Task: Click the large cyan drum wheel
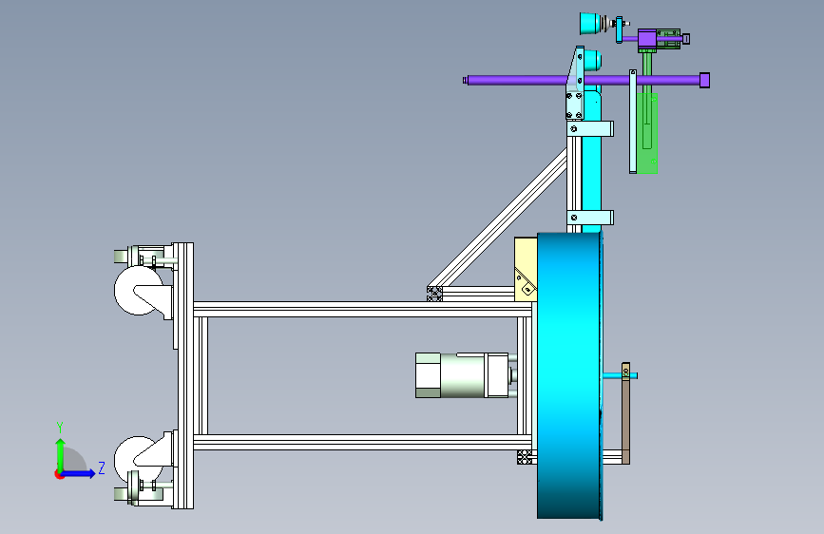point(569,375)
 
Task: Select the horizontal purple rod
point(584,81)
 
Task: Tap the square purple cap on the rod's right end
point(704,81)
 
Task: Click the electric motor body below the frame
point(463,375)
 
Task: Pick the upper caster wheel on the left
point(138,291)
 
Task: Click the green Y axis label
point(60,428)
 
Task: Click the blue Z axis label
point(102,467)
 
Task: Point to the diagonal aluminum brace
point(498,219)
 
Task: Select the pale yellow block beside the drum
point(526,270)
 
